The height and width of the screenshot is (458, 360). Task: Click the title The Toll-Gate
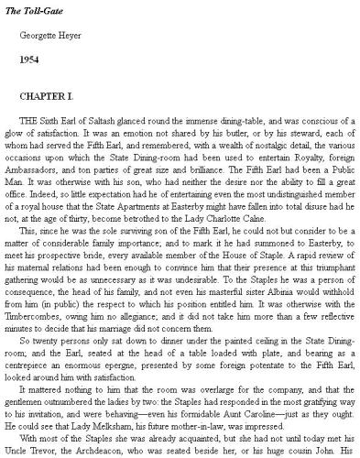35,8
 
